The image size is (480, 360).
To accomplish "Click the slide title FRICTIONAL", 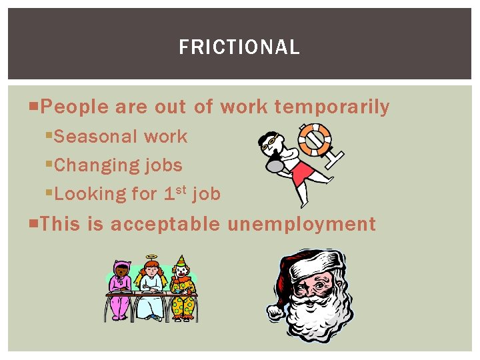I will click(x=239, y=47).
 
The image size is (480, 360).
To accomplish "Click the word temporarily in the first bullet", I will click(x=332, y=107).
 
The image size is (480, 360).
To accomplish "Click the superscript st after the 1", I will click(x=180, y=189).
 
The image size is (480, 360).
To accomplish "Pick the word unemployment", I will click(x=301, y=224).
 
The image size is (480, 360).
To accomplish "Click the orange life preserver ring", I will click(x=314, y=139).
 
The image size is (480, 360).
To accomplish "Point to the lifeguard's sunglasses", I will click(x=269, y=141).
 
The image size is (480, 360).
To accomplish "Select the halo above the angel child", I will click(x=152, y=258).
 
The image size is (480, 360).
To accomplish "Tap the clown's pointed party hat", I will click(x=180, y=260).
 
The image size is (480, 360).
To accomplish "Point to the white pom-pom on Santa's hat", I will click(x=274, y=311).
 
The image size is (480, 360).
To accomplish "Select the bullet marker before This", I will click(x=35, y=224).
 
